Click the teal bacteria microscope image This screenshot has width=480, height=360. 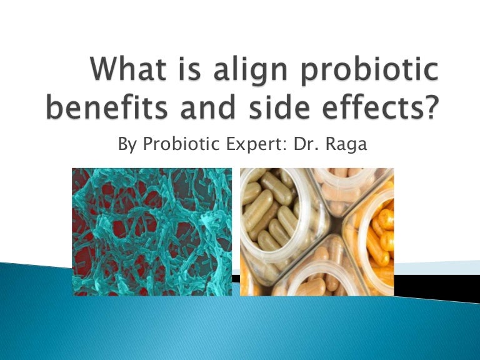click(x=151, y=231)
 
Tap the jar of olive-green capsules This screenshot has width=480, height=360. click(x=275, y=216)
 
